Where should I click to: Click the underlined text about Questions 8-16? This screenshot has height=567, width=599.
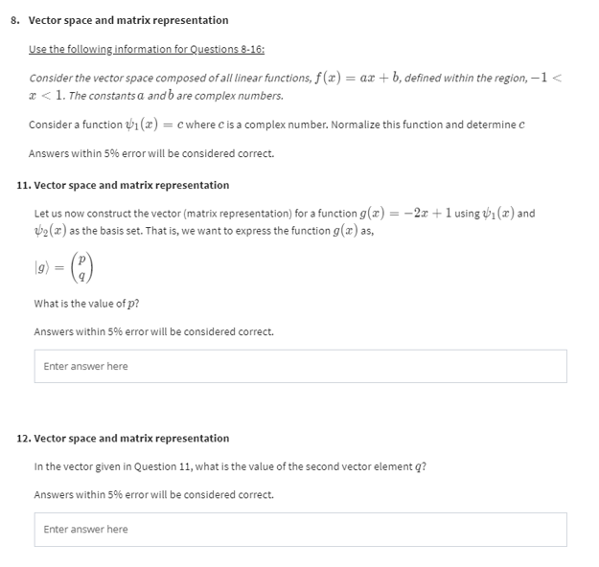point(147,49)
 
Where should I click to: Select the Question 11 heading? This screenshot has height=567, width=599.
point(124,185)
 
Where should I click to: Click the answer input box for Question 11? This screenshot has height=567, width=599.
point(300,366)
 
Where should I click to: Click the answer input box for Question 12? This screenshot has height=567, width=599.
point(300,529)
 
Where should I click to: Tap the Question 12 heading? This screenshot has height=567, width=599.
point(124,438)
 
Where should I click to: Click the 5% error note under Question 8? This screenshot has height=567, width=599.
point(150,153)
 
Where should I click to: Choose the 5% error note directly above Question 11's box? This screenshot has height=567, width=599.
point(153,331)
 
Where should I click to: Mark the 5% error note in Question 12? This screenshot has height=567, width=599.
point(153,494)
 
